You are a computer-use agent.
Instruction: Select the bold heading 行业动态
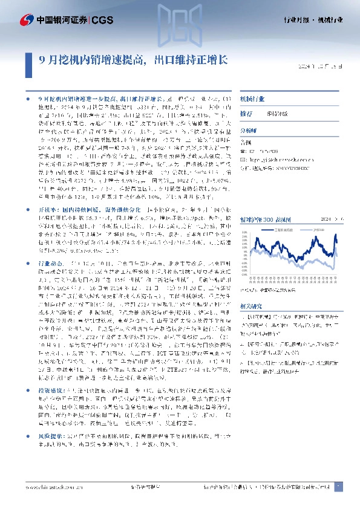pyautogui.click(x=50, y=264)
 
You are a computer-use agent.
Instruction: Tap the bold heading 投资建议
pyautogui.click(x=50, y=374)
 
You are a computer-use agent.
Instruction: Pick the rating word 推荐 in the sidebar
pyautogui.click(x=246, y=113)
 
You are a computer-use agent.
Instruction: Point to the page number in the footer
pyautogui.click(x=339, y=487)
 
